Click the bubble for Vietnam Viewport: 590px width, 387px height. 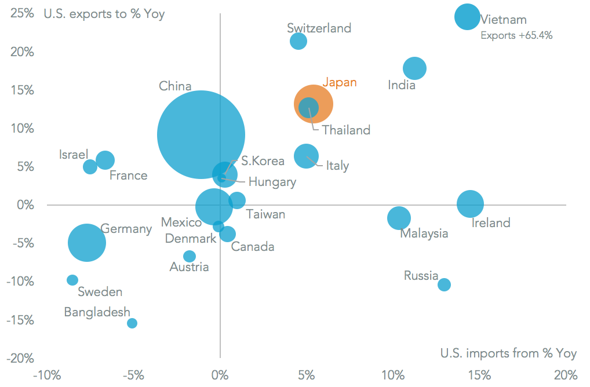tap(467, 17)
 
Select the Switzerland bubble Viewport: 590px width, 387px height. tap(298, 41)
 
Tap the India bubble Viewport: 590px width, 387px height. tap(414, 68)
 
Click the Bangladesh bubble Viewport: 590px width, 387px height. tap(132, 323)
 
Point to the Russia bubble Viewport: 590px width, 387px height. tap(445, 284)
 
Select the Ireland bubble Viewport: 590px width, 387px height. tap(470, 204)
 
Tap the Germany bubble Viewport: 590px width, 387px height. tap(87, 243)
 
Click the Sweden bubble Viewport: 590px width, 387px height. tap(72, 280)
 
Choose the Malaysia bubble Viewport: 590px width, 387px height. tap(399, 218)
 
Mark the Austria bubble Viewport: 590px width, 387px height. tap(190, 256)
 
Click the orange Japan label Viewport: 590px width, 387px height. tap(339, 82)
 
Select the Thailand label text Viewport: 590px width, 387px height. tap(346, 130)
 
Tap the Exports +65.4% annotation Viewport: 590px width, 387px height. tap(516, 35)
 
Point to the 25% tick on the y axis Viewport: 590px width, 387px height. tap(23, 14)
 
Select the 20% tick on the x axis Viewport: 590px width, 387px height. tap(565, 374)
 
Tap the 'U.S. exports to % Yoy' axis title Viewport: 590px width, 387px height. tap(104, 14)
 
